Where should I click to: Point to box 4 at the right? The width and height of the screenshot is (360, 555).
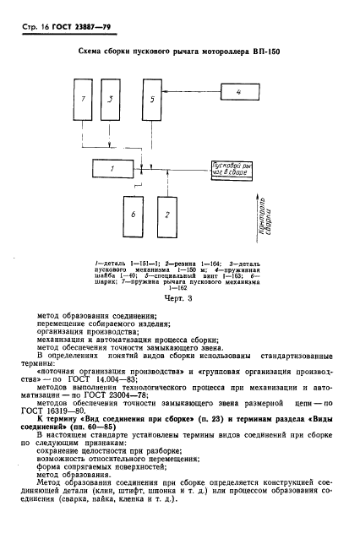238,90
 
